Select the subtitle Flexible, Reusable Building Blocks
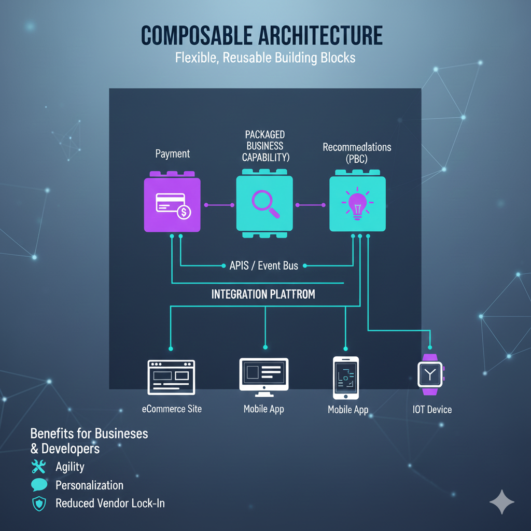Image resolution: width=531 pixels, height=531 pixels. [x=265, y=57]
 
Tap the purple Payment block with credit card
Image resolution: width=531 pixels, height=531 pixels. [x=172, y=204]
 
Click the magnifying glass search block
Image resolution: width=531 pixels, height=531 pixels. [x=264, y=204]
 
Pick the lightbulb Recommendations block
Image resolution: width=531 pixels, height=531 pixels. [x=357, y=204]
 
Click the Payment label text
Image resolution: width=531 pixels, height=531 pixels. [x=173, y=153]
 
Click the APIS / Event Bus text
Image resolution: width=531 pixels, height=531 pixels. [x=263, y=265]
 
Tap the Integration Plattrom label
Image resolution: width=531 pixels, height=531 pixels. [x=263, y=295]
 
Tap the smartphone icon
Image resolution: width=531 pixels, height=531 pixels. [x=346, y=377]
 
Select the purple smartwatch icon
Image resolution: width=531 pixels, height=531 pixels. [x=430, y=372]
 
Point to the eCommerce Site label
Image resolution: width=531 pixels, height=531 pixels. [x=172, y=409]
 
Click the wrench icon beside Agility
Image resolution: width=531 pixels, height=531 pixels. [x=39, y=466]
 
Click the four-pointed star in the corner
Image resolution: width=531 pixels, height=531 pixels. [x=501, y=502]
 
